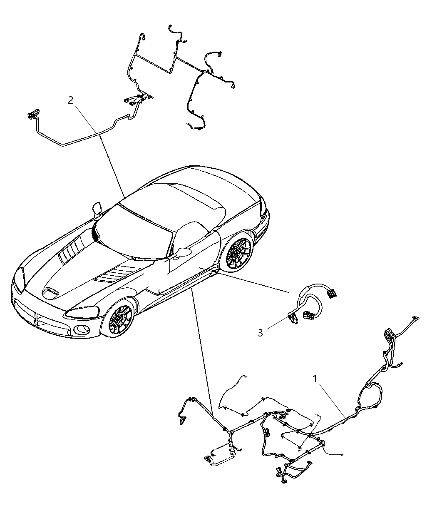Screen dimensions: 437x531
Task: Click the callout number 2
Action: tap(71, 100)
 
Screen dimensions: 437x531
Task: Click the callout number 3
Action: tap(260, 333)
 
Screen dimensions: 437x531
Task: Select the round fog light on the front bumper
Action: tap(82, 330)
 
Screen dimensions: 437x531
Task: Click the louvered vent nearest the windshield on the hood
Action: tap(72, 247)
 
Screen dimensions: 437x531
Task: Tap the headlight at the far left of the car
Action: tap(20, 279)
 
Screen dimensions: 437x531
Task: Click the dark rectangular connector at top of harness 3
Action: tap(332, 293)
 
